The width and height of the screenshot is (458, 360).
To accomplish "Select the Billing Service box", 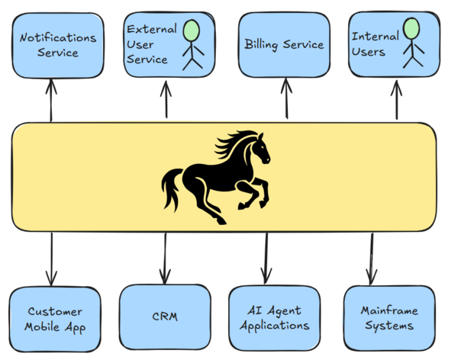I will [284, 45].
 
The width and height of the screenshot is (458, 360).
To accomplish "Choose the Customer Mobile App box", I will [54, 320].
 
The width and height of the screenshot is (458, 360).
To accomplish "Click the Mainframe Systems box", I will [389, 318].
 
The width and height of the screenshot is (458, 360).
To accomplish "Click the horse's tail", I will [172, 188].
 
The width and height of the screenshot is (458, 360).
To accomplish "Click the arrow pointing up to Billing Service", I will [286, 99].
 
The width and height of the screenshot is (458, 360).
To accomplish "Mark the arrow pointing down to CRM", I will [164, 258].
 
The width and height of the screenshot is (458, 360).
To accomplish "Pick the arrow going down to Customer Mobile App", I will [52, 258].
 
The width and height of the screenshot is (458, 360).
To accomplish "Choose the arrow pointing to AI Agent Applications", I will [266, 258].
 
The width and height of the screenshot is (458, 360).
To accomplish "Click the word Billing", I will [262, 45].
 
